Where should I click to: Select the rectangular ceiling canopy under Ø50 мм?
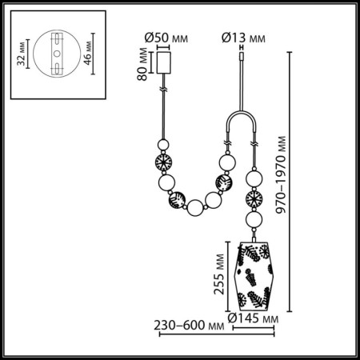pos(166,63)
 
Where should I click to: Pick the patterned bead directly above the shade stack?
pos(255,199)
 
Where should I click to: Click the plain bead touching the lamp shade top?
pos(255,221)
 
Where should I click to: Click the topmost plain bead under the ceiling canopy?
pos(166,145)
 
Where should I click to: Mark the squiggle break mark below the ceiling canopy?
pos(166,93)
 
